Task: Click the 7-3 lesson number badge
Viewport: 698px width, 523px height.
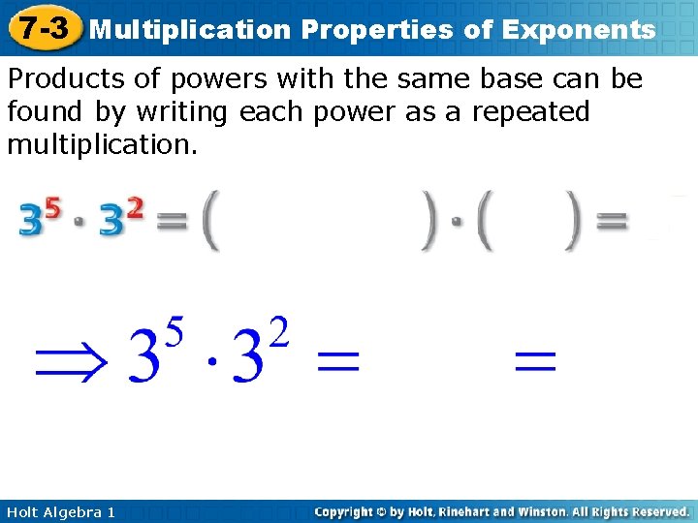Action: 43,29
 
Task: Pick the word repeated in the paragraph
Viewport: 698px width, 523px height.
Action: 531,112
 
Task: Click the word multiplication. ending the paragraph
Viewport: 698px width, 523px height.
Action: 102,145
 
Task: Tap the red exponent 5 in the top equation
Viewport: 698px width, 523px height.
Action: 52,207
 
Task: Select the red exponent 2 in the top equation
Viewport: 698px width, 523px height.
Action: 135,207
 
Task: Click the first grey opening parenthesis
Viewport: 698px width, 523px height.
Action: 209,224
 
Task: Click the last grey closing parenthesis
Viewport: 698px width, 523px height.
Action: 574,224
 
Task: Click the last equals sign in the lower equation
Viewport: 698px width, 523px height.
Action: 535,363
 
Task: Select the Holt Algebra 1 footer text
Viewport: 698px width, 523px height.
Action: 60,511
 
